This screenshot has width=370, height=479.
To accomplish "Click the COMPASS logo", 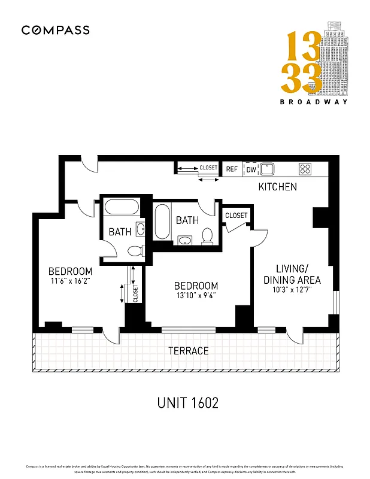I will tap(56, 30).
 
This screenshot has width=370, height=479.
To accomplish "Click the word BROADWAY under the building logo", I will tap(314, 102).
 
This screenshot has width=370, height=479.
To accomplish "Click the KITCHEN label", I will tap(277, 187).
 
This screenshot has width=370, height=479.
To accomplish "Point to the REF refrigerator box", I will tap(232, 169).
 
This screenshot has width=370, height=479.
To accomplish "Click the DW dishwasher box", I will tap(251, 169).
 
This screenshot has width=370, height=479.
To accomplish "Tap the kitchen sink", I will tap(267, 168).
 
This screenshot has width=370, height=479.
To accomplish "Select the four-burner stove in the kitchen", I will tap(305, 169).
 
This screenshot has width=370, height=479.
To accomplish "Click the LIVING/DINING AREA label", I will tap(290, 274).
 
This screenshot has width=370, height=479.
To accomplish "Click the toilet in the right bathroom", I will tap(208, 237).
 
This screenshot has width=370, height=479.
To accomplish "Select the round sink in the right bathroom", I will tap(186, 241).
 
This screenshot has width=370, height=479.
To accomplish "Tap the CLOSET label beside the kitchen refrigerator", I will tap(208, 168).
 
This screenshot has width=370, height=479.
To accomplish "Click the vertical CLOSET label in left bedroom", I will tap(135, 293).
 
